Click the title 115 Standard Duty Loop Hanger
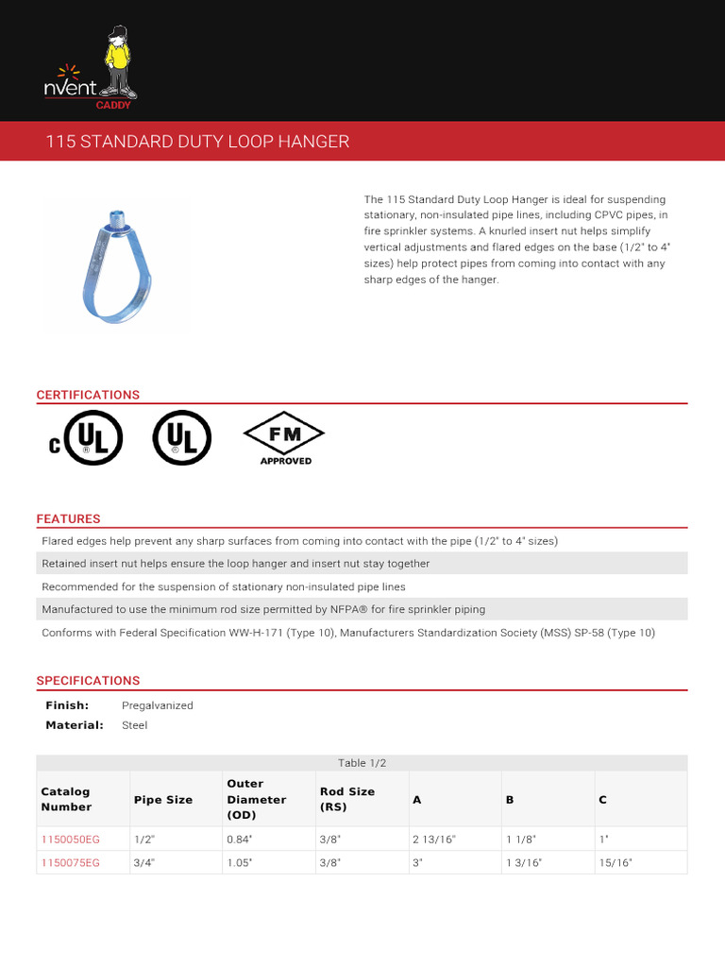pyautogui.click(x=198, y=142)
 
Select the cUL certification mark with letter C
pyautogui.click(x=85, y=436)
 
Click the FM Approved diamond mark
pyautogui.click(x=284, y=437)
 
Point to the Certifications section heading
pyautogui.click(x=88, y=395)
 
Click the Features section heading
pyautogui.click(x=68, y=518)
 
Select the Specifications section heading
pyautogui.click(x=88, y=680)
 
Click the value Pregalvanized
pyautogui.click(x=157, y=705)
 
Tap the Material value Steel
pyautogui.click(x=135, y=725)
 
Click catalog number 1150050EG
pyautogui.click(x=70, y=839)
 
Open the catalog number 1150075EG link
pyautogui.click(x=70, y=862)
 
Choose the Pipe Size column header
pyautogui.click(x=163, y=799)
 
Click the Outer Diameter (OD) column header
pyautogui.click(x=256, y=799)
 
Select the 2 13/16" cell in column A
pyautogui.click(x=434, y=839)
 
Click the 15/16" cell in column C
pyautogui.click(x=615, y=862)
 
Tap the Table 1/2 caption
pyautogui.click(x=362, y=763)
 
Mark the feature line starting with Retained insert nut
pyautogui.click(x=236, y=564)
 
